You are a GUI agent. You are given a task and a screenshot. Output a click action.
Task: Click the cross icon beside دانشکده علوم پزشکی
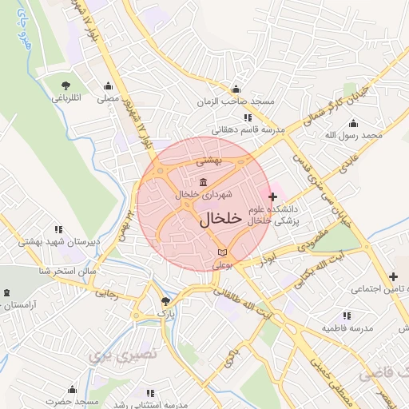coord(274,197)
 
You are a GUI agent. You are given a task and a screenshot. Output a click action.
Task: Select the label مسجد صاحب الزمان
coord(236,102)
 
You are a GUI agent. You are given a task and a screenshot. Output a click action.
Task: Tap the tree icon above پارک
coord(165,302)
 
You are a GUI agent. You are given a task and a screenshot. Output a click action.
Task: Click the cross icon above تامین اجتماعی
coord(392,276)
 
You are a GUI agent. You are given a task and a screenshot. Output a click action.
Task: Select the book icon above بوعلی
coord(222,252)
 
